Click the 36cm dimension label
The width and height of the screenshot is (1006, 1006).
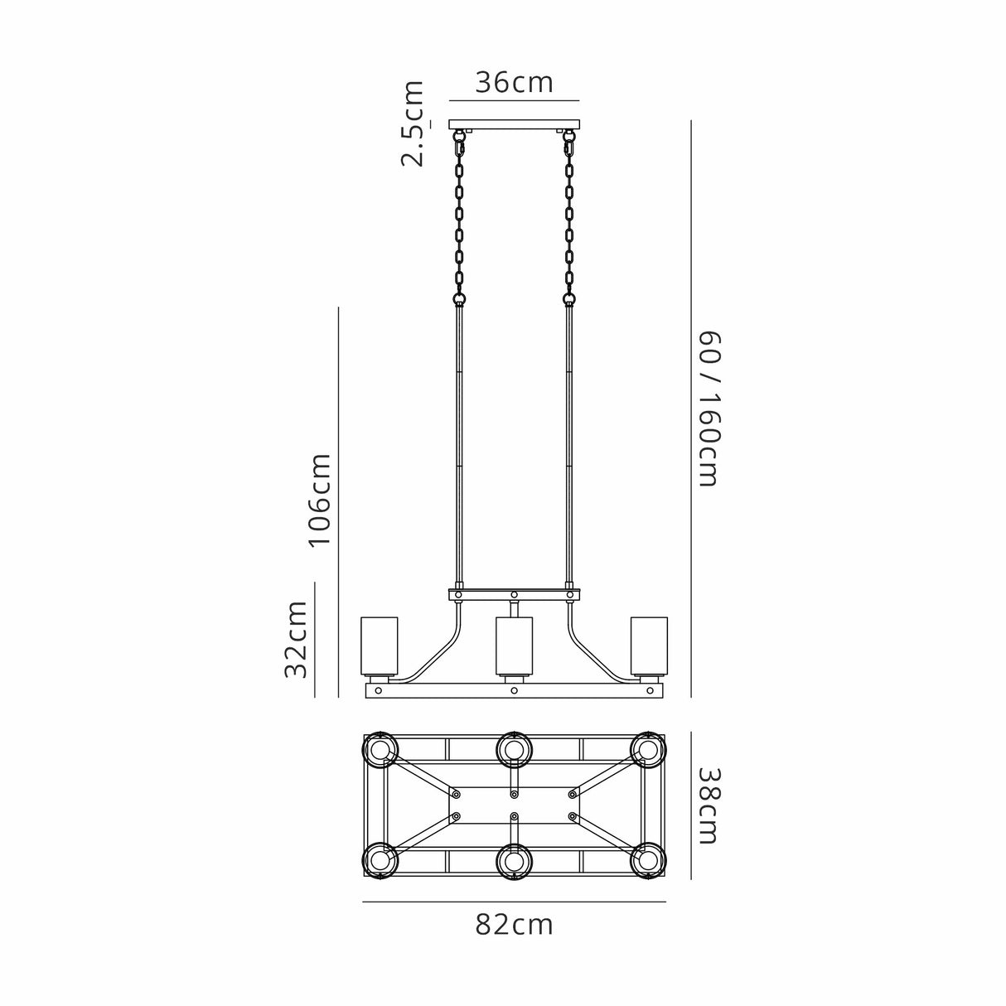pos(514,83)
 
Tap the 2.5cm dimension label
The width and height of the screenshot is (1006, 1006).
pos(412,123)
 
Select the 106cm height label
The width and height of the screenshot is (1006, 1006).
pos(320,500)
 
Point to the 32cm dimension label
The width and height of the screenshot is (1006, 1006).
pos(296,640)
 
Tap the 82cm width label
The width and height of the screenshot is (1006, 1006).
pos(514,926)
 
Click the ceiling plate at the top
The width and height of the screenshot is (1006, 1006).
pos(515,125)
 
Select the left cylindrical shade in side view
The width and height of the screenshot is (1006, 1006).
pos(380,646)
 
